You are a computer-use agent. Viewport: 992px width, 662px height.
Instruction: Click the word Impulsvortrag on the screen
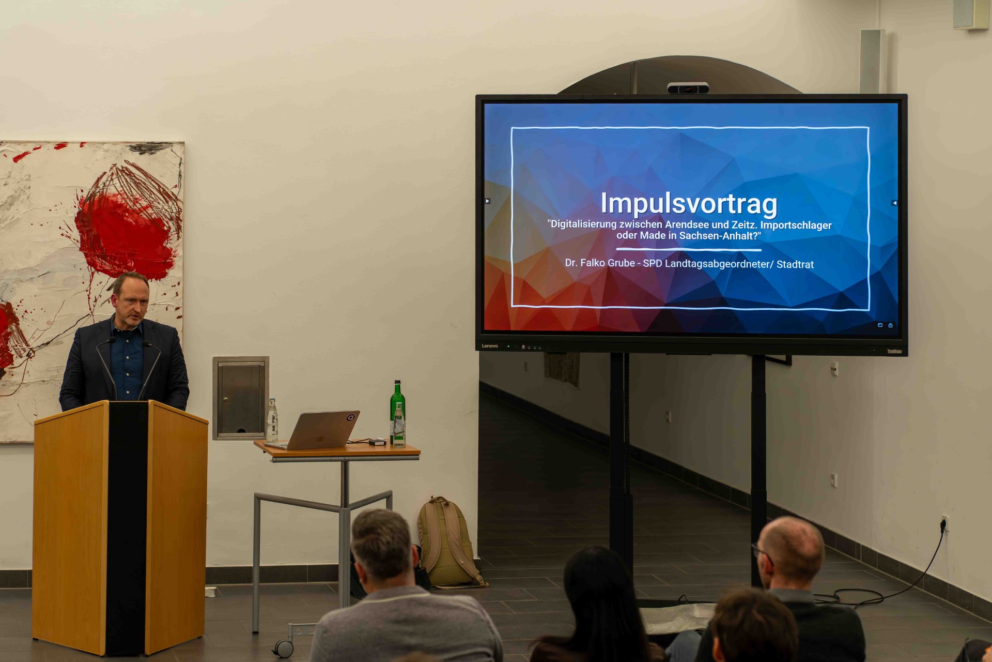tap(689, 204)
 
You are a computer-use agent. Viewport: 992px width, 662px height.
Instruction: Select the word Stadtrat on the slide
tap(795, 264)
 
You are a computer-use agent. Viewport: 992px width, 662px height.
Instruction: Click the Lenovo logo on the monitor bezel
tap(490, 346)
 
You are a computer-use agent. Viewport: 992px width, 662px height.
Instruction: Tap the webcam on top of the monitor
tap(688, 88)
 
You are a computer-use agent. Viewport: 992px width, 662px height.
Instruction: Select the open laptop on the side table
tap(314, 430)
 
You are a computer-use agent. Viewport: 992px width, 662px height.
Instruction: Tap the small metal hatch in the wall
tap(240, 398)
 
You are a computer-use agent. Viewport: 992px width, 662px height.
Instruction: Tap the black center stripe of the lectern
tap(127, 528)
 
